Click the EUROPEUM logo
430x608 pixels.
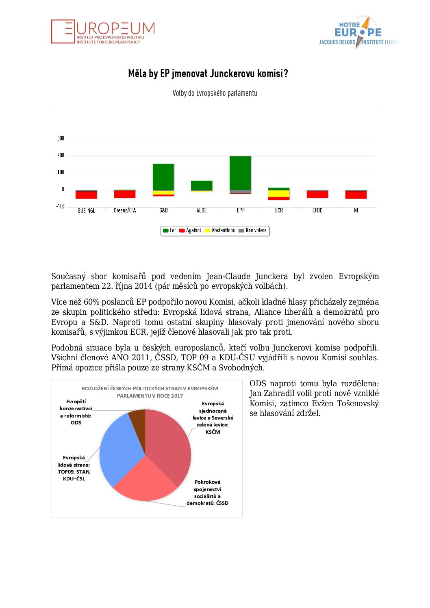tap(103, 31)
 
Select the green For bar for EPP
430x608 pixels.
tap(240, 173)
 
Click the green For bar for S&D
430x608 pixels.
tap(163, 177)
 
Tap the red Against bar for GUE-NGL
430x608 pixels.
tap(86, 195)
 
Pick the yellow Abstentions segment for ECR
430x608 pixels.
tap(279, 194)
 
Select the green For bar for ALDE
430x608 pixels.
tap(202, 185)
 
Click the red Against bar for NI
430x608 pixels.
tap(356, 195)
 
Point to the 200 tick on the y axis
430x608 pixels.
tap(61, 155)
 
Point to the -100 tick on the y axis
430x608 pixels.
tap(60, 206)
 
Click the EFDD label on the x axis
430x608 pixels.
tap(317, 210)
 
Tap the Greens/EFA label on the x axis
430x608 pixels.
tap(125, 210)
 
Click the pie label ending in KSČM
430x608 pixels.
tap(213, 418)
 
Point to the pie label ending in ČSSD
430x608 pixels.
tap(207, 492)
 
